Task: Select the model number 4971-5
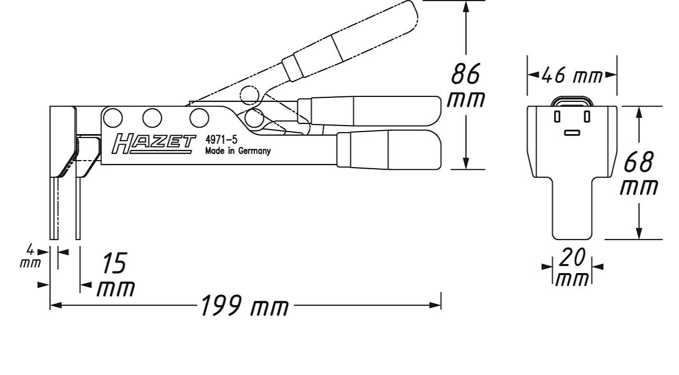point(221,140)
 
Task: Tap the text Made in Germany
point(238,151)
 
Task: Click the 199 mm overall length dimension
point(245,306)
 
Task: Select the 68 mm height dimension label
point(639,173)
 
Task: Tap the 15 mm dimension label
point(115,275)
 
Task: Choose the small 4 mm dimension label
point(31,256)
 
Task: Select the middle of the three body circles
point(152,117)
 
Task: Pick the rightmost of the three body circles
point(199,117)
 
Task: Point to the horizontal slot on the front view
point(572,133)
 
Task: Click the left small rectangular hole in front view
point(557,116)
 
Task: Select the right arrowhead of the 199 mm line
point(436,305)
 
